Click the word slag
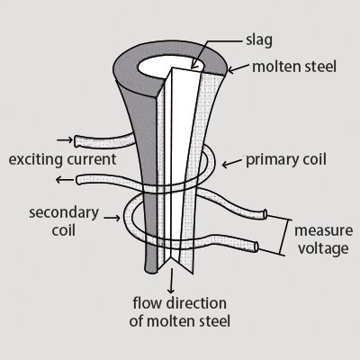(x=261, y=40)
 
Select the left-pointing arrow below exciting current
(x=63, y=180)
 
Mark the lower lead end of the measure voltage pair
(x=260, y=247)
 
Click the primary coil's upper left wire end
(x=80, y=141)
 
